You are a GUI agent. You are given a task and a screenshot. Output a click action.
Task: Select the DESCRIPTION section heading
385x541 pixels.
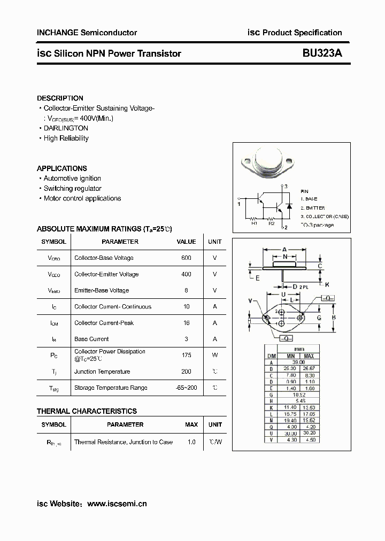coord(60,98)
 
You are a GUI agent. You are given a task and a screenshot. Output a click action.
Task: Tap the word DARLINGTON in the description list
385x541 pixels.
coord(66,128)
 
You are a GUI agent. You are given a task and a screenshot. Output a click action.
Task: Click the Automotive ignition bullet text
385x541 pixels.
coord(72,179)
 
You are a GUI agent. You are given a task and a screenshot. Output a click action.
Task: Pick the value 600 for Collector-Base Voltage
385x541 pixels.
coord(186,258)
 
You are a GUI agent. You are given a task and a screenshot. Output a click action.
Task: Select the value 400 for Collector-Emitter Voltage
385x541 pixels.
coord(186,274)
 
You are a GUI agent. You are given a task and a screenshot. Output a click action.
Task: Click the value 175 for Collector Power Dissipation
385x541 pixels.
coord(186,355)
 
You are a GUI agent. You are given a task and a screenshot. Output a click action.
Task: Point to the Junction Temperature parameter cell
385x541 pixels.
coord(102,372)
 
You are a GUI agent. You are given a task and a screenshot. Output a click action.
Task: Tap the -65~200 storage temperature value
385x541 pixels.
coord(186,388)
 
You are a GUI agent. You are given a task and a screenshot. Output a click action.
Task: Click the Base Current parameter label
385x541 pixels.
coord(91,339)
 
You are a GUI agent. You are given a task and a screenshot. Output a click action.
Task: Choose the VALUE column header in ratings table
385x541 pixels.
coord(186,242)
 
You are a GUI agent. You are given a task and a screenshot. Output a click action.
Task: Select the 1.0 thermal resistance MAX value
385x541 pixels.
coord(191,442)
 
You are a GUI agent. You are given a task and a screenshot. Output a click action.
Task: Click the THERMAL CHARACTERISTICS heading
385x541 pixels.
coord(87,411)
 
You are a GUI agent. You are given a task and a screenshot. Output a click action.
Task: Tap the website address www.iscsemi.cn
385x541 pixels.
coord(117,504)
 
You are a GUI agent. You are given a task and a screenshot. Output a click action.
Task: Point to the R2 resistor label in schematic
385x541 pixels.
coord(272,223)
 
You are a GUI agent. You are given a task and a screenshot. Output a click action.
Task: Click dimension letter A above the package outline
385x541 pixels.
coord(284,249)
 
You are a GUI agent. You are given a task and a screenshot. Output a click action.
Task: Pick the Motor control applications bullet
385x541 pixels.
coord(82,198)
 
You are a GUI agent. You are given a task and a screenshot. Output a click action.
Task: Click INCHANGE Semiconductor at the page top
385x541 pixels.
coord(87,33)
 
